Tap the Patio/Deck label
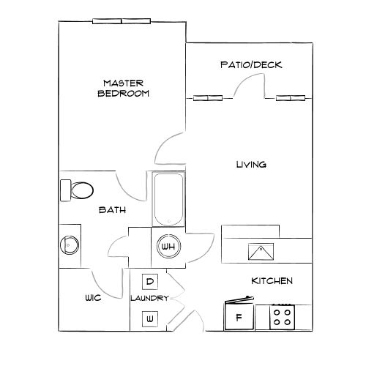tap(251, 65)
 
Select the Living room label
tap(250, 165)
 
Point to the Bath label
tap(113, 210)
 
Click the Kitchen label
tap(272, 281)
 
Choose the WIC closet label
tap(92, 298)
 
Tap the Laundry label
tap(150, 299)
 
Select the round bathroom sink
tap(70, 244)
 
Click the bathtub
tap(168, 199)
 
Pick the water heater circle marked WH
tap(168, 247)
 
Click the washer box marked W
tap(149, 318)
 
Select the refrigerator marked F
tap(238, 318)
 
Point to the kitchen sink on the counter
tap(262, 252)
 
